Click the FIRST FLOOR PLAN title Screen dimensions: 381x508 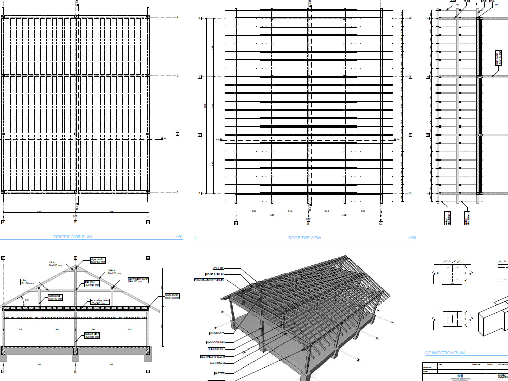(x=73, y=237)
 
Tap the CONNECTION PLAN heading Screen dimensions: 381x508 (x=444, y=353)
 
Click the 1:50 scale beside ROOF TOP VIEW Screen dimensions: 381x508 (x=411, y=238)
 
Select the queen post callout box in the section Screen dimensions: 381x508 (x=55, y=298)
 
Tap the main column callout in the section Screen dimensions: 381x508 (x=91, y=335)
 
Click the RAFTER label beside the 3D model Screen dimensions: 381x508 (x=219, y=373)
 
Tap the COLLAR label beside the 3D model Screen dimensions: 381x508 (x=218, y=268)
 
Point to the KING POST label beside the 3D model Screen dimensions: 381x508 (x=217, y=333)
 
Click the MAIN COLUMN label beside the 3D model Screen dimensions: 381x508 (x=215, y=342)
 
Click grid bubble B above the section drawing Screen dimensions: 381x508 (x=75, y=258)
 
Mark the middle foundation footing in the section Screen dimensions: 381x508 (x=75, y=354)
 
